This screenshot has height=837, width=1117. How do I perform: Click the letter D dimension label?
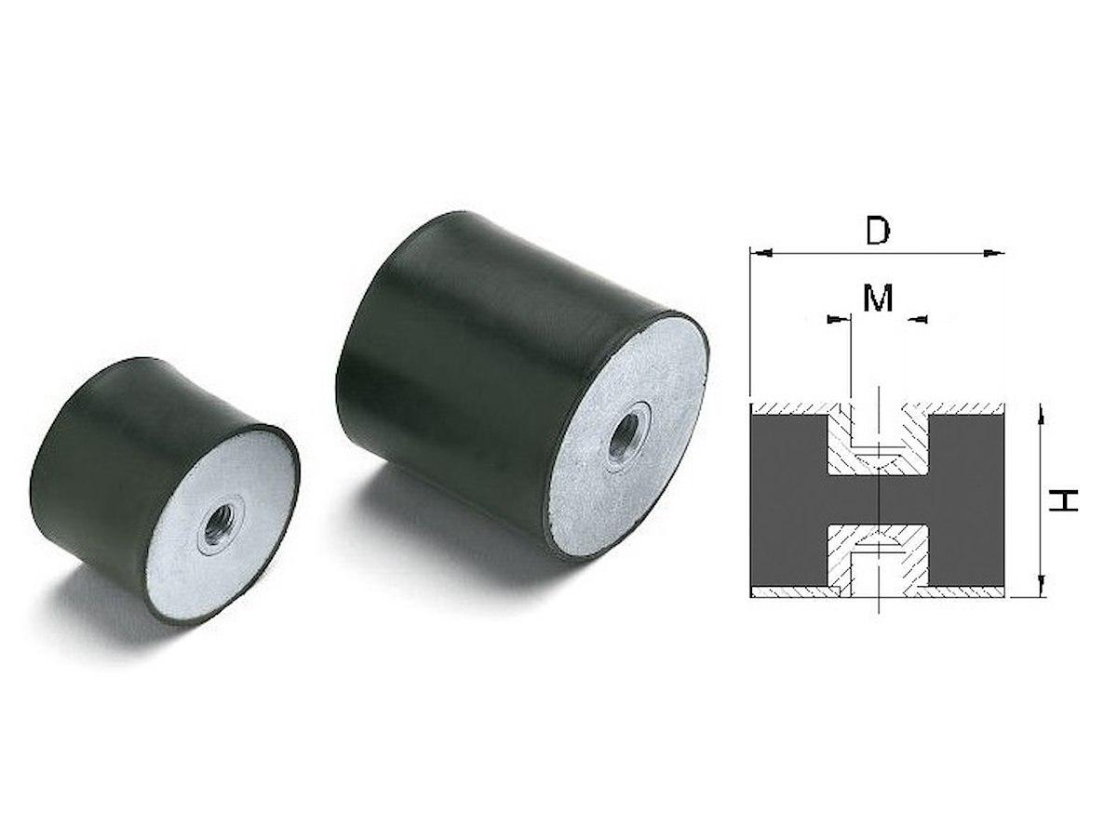[x=878, y=232]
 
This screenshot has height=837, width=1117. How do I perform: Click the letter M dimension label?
[x=878, y=298]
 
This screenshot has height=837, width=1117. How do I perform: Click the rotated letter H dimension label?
[x=1063, y=500]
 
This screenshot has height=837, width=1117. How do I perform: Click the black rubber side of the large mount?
[x=448, y=365]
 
